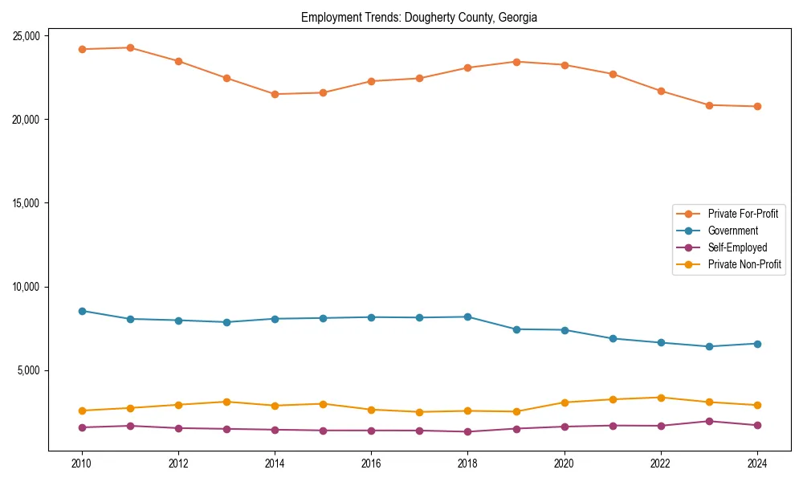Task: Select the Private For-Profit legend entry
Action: (743, 214)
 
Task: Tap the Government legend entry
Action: (732, 231)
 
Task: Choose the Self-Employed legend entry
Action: (737, 247)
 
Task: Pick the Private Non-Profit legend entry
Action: (744, 264)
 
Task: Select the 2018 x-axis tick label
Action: (467, 464)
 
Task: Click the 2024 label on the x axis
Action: (757, 464)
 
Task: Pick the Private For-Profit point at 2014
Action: (275, 94)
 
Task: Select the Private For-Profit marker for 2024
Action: (757, 106)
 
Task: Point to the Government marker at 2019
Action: (516, 329)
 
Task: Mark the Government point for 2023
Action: (709, 346)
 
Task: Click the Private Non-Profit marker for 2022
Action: (661, 398)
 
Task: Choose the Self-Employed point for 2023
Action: (709, 421)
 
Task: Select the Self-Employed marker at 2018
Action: (467, 431)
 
